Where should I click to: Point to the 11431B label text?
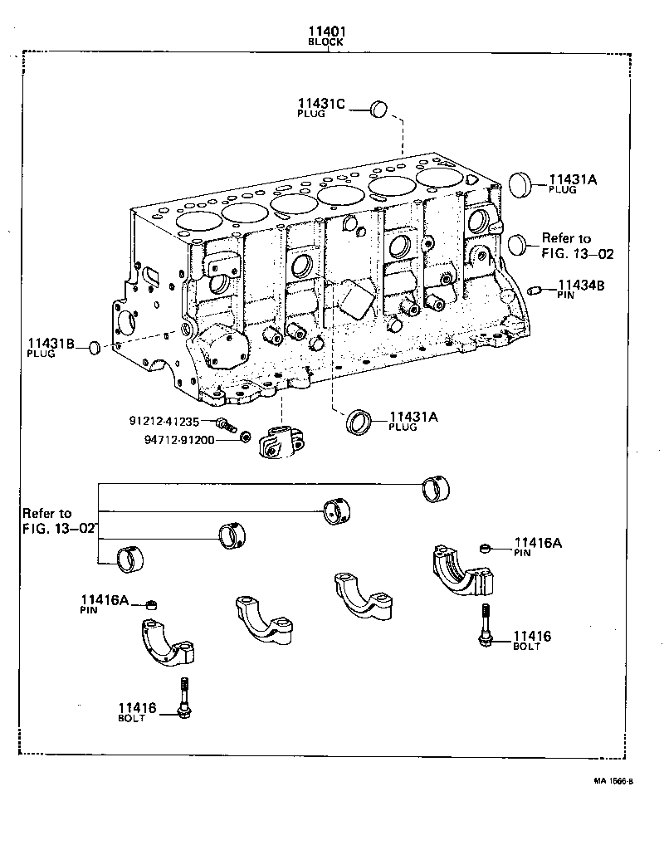[51, 343]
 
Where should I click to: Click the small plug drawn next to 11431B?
[95, 345]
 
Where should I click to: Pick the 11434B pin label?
[580, 285]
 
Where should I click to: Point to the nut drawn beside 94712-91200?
[244, 437]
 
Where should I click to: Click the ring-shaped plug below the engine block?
[359, 422]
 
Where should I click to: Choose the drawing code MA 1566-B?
[613, 781]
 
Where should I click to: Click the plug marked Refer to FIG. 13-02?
[518, 244]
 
